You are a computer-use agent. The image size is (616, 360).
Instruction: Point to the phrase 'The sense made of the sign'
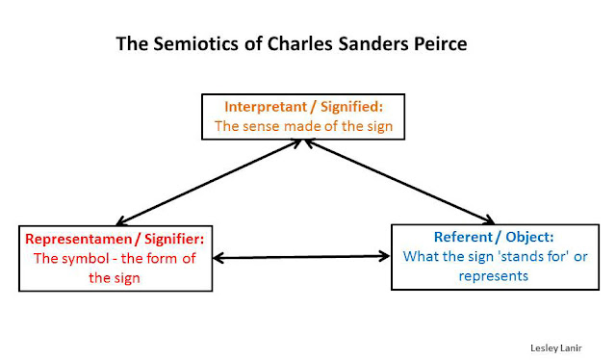click(x=303, y=125)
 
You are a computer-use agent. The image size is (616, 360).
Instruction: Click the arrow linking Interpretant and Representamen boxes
click(x=205, y=182)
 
